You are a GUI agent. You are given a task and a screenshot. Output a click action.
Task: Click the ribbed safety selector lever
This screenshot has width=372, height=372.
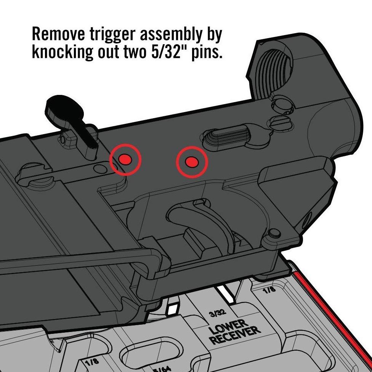(x=225, y=137)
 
